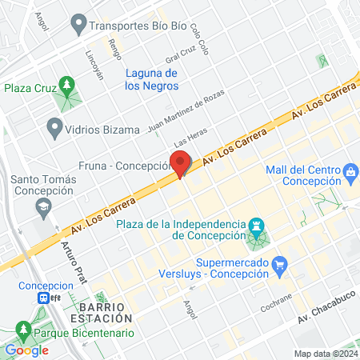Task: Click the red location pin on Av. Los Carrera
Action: [181, 162]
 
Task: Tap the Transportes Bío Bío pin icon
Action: [78, 25]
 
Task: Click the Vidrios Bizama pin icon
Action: [54, 126]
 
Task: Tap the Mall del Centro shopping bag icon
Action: [350, 170]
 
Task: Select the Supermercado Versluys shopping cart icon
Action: [279, 264]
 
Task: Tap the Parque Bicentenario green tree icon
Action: [23, 330]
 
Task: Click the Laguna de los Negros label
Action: [156, 79]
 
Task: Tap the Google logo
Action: [26, 350]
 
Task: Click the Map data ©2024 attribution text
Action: [326, 354]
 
